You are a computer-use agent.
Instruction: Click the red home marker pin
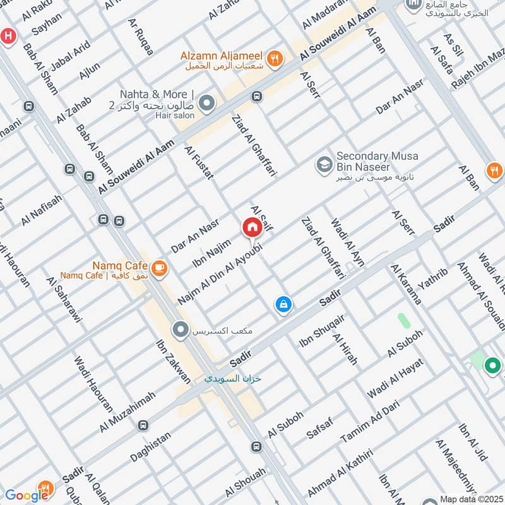pyautogui.click(x=251, y=227)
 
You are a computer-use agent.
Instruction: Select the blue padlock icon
pyautogui.click(x=283, y=305)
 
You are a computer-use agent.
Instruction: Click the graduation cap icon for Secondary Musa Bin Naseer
pyautogui.click(x=324, y=164)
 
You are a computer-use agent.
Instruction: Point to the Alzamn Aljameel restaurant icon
pyautogui.click(x=275, y=59)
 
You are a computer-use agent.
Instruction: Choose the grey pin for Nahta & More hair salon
pyautogui.click(x=206, y=102)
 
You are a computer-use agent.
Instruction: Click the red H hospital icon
pyautogui.click(x=7, y=35)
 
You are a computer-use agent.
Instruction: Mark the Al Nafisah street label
pyautogui.click(x=42, y=210)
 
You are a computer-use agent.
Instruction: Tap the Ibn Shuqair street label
pyautogui.click(x=321, y=330)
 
